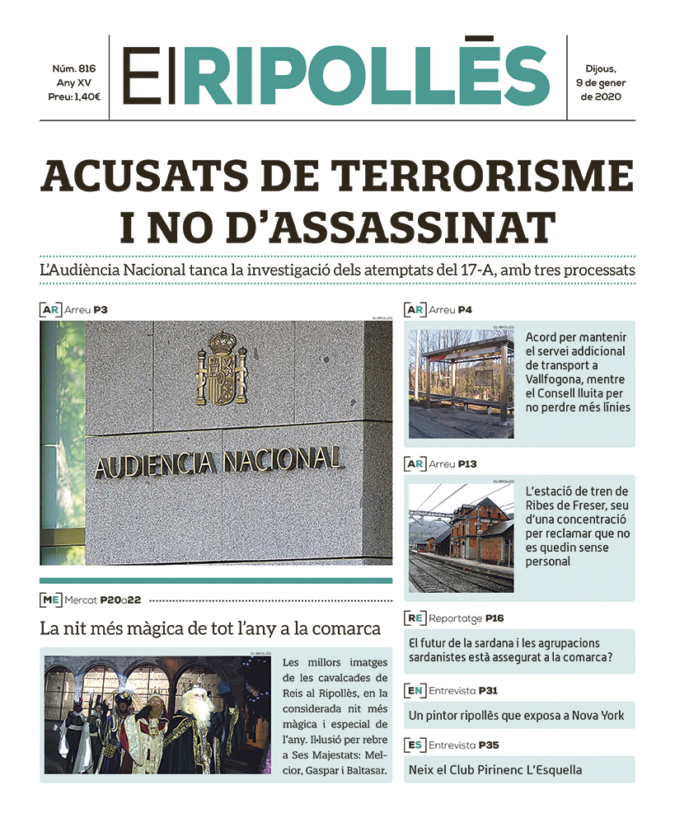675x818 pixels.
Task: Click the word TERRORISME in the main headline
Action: tap(485, 177)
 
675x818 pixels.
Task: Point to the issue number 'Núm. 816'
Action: tap(74, 68)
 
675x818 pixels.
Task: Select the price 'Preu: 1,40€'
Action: tap(74, 97)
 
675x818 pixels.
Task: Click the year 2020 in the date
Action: tap(607, 97)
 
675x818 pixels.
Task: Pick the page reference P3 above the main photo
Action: tap(101, 310)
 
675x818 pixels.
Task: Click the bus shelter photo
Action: tap(461, 383)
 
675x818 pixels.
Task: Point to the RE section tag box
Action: tap(415, 618)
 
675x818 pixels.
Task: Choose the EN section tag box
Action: tap(415, 690)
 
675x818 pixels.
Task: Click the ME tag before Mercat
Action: tap(50, 599)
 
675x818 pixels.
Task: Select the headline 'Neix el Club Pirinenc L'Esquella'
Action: tap(495, 770)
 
